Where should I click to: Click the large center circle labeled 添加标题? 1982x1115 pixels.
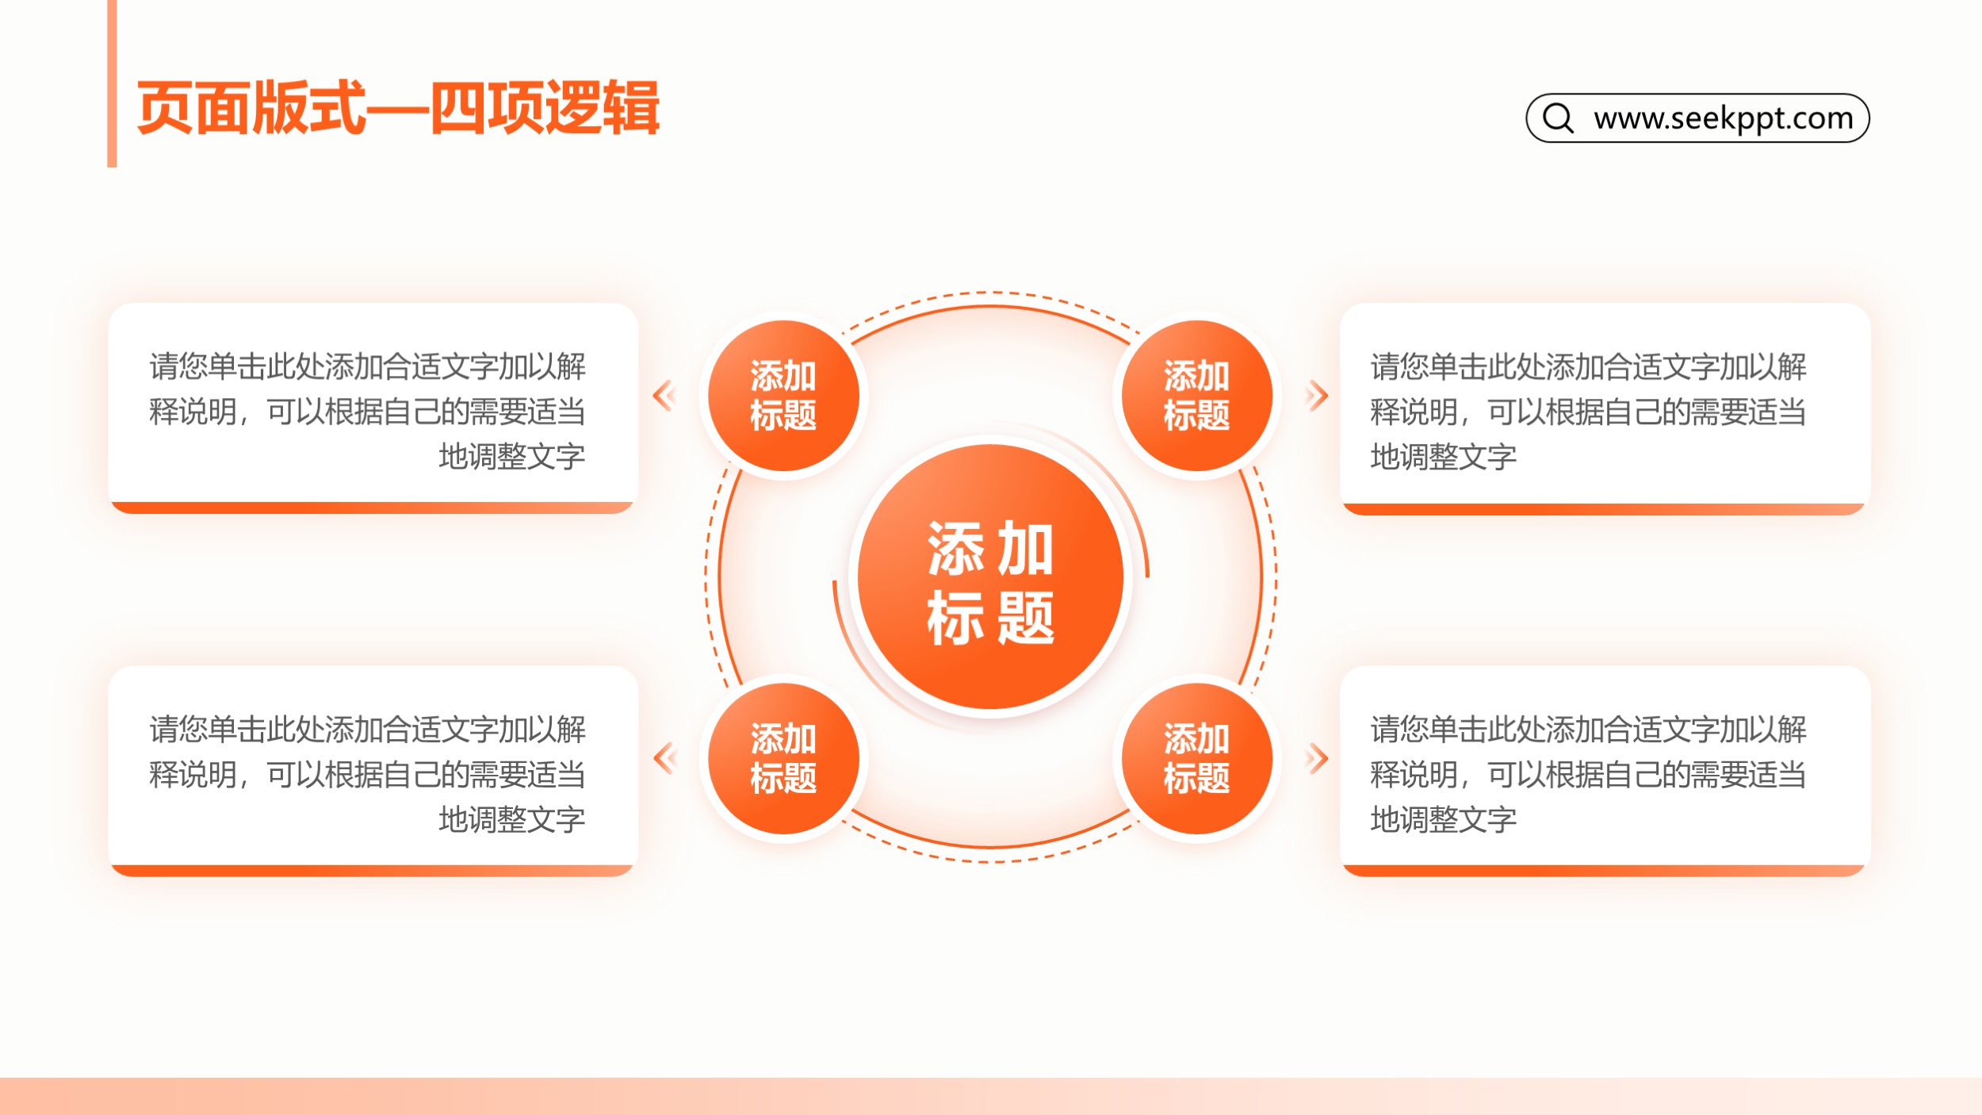[x=990, y=577]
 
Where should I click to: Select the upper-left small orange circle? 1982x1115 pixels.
[x=783, y=396]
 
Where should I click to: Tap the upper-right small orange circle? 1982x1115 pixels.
[x=1197, y=396]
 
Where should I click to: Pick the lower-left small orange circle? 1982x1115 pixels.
[x=783, y=758]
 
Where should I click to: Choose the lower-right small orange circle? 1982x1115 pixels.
[x=1197, y=758]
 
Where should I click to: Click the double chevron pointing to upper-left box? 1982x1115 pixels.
[x=664, y=396]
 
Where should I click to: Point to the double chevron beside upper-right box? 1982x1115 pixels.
[x=1317, y=396]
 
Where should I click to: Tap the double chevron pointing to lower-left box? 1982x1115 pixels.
[x=664, y=758]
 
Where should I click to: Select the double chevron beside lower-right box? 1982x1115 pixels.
[x=1317, y=758]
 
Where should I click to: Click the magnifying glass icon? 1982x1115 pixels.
[x=1558, y=117]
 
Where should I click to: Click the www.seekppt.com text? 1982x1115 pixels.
[x=1724, y=118]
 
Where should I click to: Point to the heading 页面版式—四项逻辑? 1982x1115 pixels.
[x=398, y=107]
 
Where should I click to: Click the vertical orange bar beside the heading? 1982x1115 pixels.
[x=112, y=83]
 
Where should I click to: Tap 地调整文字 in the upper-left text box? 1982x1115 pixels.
[x=512, y=457]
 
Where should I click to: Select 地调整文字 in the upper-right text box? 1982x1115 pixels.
[x=1444, y=457]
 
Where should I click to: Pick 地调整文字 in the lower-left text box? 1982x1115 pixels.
[x=512, y=819]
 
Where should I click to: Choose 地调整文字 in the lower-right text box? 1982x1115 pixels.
[x=1444, y=819]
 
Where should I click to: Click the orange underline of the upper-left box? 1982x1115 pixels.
[x=373, y=508]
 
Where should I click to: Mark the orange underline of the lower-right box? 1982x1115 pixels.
[x=1605, y=871]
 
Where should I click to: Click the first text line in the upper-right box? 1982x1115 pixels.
[x=1588, y=366]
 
